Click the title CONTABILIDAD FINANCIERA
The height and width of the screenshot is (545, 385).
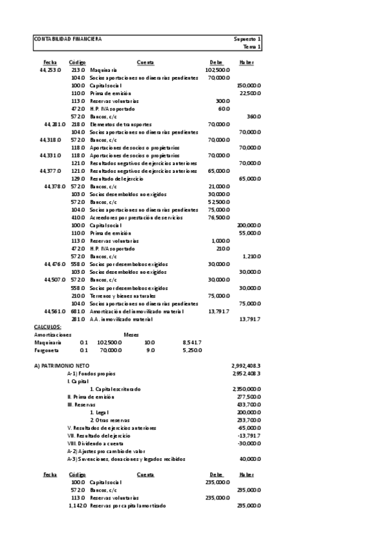click(67, 39)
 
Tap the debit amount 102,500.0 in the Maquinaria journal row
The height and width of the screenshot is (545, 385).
click(217, 69)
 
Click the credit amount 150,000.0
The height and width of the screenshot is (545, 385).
click(248, 85)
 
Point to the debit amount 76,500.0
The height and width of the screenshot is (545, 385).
click(219, 217)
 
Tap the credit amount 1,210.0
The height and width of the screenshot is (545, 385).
click(251, 256)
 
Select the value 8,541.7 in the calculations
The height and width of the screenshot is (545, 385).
click(192, 342)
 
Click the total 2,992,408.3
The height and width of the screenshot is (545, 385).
click(246, 365)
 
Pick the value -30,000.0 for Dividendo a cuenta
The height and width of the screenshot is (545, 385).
click(249, 443)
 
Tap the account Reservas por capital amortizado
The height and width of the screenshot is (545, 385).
click(127, 505)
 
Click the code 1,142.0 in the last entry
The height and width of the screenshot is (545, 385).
click(77, 505)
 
